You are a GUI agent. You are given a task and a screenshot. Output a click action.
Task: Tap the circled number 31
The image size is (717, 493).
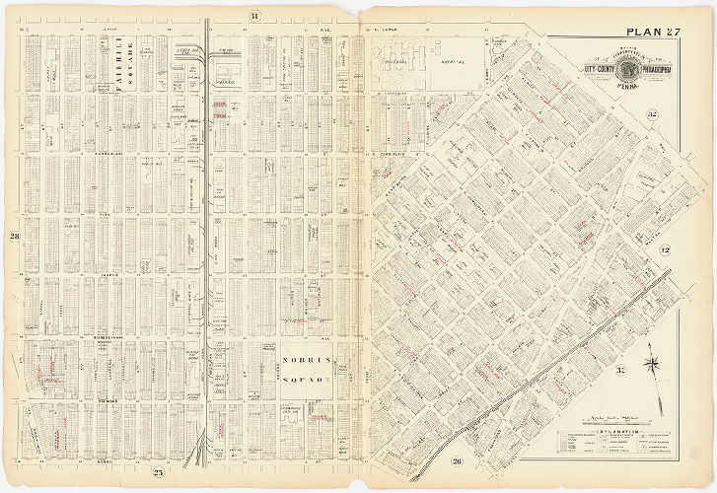coord(253,15)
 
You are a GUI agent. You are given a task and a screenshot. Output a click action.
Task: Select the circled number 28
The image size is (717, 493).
coord(15,237)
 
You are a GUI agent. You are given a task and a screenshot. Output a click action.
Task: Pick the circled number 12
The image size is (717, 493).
coord(665,250)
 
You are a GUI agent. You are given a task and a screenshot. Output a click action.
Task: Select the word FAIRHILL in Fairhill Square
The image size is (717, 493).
coord(116,73)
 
